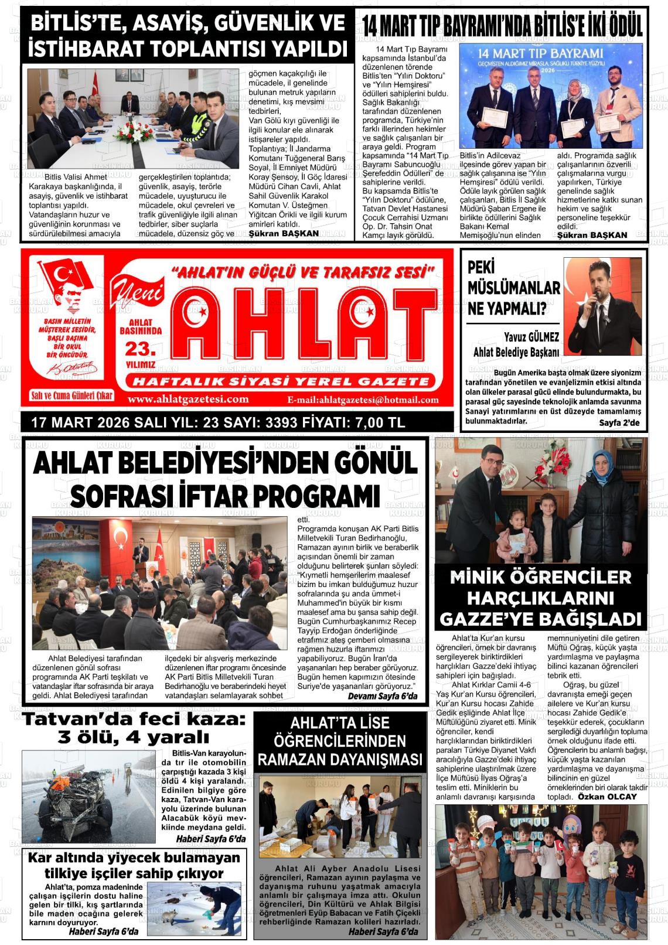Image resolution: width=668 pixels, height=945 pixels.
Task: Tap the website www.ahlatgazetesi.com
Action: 188,400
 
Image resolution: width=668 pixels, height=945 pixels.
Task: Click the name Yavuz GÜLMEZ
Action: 531,337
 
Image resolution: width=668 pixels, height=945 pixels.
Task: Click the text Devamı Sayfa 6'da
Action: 383,696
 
